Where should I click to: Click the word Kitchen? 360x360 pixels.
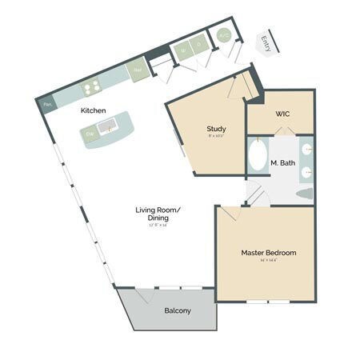click(x=94, y=110)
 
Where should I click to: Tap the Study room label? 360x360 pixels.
click(x=216, y=128)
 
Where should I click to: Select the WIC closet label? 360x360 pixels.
click(x=282, y=114)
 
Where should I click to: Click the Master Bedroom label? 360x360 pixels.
click(x=268, y=253)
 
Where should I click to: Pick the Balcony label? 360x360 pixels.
click(x=177, y=310)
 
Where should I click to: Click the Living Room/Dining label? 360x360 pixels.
click(x=158, y=214)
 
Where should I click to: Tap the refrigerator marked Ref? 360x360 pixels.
click(x=138, y=68)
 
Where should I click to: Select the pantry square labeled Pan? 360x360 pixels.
click(x=48, y=104)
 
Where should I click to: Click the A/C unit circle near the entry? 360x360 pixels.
click(x=222, y=36)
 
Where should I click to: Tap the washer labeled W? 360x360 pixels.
click(x=181, y=49)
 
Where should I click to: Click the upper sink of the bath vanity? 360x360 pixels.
click(x=307, y=150)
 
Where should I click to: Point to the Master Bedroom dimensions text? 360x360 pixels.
click(x=268, y=261)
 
